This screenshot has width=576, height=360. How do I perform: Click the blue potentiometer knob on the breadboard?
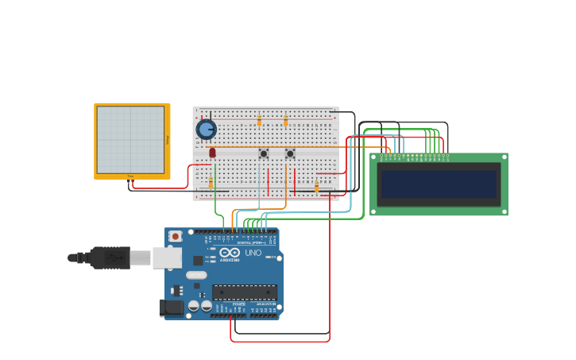click(x=206, y=129)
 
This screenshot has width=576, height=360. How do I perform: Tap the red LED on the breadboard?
click(x=212, y=152)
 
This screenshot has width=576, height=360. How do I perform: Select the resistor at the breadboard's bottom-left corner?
click(x=211, y=184)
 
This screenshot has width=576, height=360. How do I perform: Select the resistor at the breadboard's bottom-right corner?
click(x=316, y=187)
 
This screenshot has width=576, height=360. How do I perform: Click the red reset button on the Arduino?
click(x=175, y=236)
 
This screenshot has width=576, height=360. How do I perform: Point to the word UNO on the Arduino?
click(x=253, y=253)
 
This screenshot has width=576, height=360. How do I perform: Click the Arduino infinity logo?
click(x=230, y=252)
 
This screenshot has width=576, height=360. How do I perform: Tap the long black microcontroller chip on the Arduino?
click(x=244, y=292)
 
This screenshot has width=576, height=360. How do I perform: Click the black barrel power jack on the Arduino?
click(x=171, y=308)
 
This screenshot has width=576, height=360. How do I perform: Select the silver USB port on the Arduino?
click(x=167, y=257)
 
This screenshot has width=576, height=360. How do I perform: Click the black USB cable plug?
click(x=110, y=257)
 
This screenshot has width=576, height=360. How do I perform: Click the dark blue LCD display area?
click(x=439, y=184)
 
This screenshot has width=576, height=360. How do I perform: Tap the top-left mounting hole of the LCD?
click(x=375, y=157)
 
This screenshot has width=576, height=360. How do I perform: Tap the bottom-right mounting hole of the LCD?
click(x=503, y=211)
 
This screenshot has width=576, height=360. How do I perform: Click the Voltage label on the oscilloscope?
click(x=168, y=139)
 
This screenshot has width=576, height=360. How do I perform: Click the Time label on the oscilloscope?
click(x=130, y=176)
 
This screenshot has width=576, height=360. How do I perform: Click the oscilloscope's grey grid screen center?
click(x=130, y=139)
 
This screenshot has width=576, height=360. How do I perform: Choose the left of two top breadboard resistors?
click(x=259, y=120)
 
